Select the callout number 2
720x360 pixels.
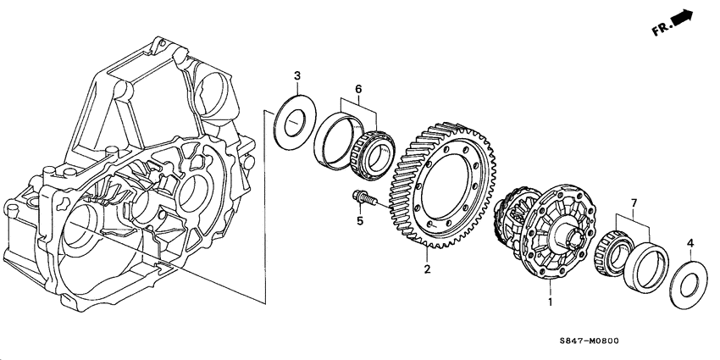428,269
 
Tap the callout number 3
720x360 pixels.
297,78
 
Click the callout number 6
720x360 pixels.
358,89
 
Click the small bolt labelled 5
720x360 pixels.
364,201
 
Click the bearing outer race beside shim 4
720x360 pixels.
648,265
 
